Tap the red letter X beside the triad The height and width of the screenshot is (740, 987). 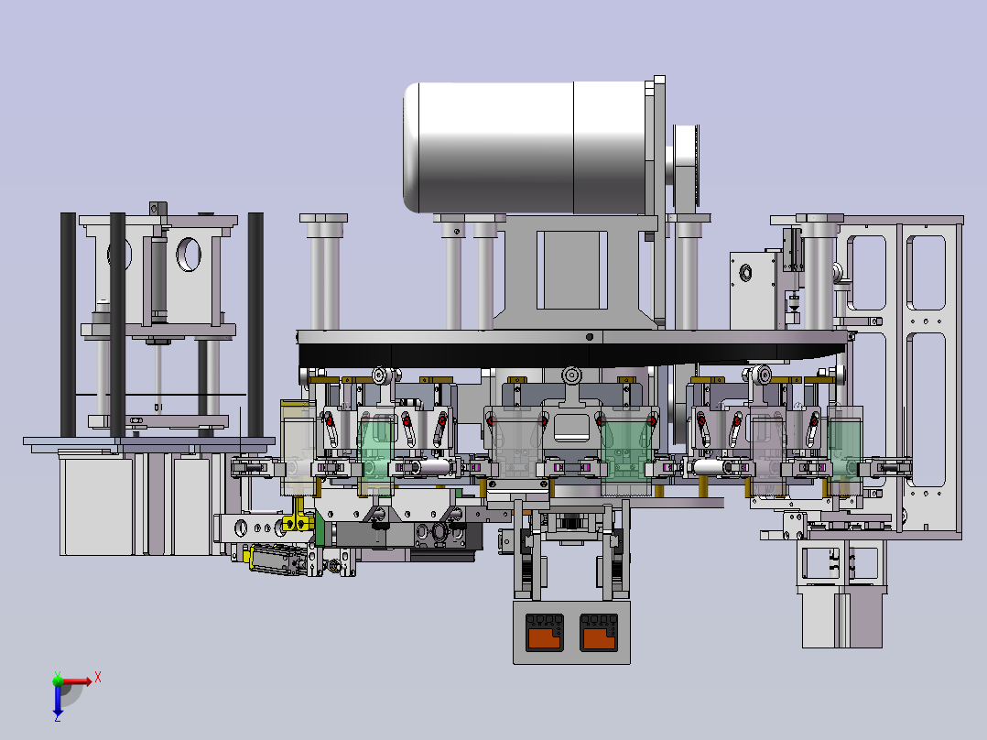(98, 678)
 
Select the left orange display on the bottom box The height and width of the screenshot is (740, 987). (545, 633)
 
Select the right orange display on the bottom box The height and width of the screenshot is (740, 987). (598, 633)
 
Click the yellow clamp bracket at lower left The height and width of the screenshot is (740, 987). (298, 518)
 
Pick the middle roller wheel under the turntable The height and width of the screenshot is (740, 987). (571, 375)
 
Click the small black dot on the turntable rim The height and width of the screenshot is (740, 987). (590, 337)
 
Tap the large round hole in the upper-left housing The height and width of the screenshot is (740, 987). (189, 255)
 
